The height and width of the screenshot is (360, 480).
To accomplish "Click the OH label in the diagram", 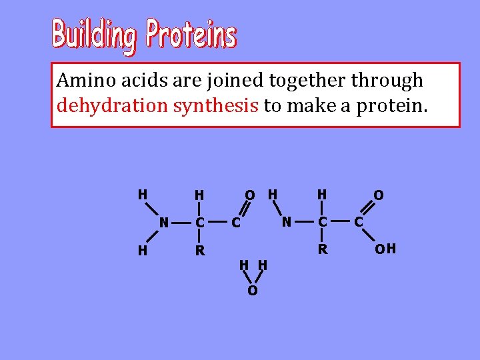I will (385, 249).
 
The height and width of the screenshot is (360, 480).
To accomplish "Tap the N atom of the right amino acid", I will (286, 221).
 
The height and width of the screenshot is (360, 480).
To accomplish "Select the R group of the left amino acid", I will (199, 251).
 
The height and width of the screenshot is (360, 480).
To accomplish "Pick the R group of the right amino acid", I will (323, 249).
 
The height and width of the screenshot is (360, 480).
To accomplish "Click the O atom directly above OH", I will (378, 195).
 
